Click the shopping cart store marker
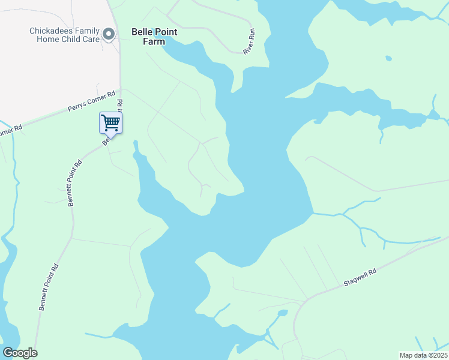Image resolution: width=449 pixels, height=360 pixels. [110, 124]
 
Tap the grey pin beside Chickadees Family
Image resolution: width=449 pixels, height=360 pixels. [109, 34]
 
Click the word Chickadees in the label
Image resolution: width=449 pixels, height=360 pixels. [52, 31]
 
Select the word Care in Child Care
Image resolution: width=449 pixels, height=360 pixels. [87, 39]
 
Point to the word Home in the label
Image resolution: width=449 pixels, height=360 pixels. [47, 39]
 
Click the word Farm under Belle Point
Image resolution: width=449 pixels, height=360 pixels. [154, 42]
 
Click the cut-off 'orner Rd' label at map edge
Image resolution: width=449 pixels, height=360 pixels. [10, 130]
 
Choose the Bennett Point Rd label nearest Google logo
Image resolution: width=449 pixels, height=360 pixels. [49, 287]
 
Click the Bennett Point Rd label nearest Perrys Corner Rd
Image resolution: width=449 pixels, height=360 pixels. [75, 184]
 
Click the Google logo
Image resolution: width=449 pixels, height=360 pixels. [20, 353]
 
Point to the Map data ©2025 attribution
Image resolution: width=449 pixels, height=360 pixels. [423, 355]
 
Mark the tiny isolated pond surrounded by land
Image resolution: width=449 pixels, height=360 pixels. [389, 58]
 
